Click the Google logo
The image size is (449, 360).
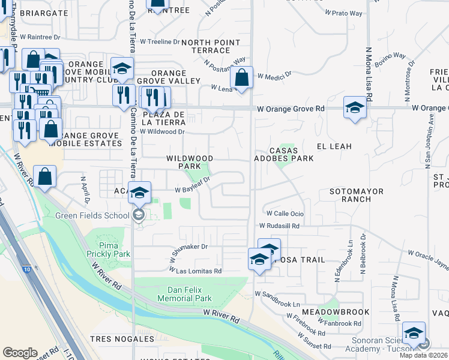tap(20, 353)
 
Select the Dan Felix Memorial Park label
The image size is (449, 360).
tap(185, 294)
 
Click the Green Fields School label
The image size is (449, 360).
tap(92, 216)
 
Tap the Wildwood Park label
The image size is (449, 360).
tap(190, 162)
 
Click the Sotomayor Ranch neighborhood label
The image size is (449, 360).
tap(356, 196)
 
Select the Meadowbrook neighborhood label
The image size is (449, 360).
tap(335, 313)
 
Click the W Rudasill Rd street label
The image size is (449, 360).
tap(279, 226)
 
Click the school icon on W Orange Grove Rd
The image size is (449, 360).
tap(355, 107)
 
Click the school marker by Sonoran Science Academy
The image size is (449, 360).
tap(414, 333)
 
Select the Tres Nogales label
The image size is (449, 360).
tap(115, 339)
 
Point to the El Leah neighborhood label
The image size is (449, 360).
tap(334, 146)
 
